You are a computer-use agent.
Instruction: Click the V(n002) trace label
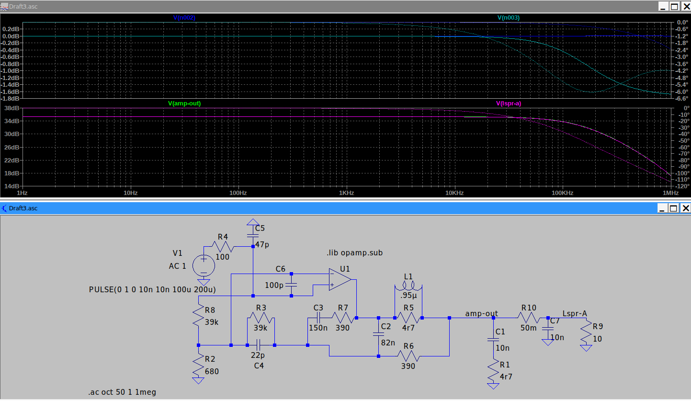pos(184,18)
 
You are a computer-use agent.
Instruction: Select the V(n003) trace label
pos(508,18)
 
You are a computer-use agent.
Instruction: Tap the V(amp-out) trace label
pos(184,103)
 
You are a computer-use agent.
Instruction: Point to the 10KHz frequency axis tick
pos(454,193)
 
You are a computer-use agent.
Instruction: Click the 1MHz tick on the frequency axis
pos(670,193)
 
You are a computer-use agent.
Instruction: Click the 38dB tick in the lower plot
pos(11,108)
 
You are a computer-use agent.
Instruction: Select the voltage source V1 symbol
pos(204,265)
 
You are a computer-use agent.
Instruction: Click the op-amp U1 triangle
pos(340,279)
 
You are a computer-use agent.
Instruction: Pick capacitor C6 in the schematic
pos(291,285)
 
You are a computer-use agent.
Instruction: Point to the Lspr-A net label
pos(575,314)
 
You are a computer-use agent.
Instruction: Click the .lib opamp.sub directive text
pos(354,252)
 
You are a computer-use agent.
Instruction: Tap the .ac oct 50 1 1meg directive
pos(122,392)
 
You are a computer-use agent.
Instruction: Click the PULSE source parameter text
pos(152,289)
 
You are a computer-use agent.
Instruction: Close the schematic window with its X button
pos(686,208)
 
